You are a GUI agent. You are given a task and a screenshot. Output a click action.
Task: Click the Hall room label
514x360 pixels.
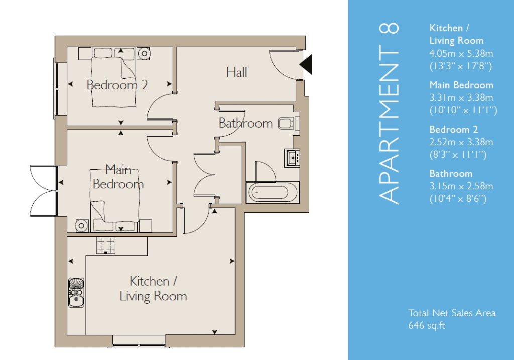click(x=237, y=72)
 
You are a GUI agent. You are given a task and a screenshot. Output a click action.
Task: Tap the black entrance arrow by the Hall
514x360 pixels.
click(x=306, y=65)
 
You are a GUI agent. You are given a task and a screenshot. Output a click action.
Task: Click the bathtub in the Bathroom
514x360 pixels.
click(x=273, y=192)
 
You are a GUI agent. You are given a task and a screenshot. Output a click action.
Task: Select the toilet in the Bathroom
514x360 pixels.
click(x=289, y=124)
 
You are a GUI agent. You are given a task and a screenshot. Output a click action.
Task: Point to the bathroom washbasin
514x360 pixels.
click(x=292, y=158)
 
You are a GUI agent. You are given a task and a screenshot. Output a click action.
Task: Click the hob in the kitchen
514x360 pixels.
click(x=105, y=245)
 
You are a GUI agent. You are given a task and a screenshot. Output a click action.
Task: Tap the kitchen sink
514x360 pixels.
click(x=76, y=293)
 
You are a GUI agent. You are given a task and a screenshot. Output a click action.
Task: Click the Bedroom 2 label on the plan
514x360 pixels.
click(x=117, y=85)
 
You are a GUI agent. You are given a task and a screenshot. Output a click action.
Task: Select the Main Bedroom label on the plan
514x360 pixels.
click(x=118, y=177)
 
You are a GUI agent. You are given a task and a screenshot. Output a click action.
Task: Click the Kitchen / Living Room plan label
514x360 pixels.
click(x=153, y=289)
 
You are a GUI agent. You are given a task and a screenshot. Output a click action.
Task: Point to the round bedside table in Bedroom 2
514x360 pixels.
click(x=144, y=53)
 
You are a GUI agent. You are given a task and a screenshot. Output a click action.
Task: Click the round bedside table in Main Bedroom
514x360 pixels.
click(x=81, y=226)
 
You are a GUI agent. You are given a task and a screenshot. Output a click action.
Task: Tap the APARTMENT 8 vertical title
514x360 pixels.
click(x=389, y=113)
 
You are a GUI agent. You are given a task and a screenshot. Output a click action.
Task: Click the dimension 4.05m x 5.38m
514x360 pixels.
click(x=461, y=53)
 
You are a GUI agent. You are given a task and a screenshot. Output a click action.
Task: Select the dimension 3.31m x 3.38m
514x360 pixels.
click(x=461, y=98)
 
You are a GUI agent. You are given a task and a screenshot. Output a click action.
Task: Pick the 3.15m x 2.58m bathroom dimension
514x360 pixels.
click(x=461, y=186)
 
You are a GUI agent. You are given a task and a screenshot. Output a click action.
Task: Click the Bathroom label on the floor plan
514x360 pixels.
click(x=245, y=123)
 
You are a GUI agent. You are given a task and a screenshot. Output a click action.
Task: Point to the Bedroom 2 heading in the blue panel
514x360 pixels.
click(x=454, y=129)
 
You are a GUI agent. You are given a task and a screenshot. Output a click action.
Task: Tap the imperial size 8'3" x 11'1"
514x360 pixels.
click(x=458, y=155)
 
